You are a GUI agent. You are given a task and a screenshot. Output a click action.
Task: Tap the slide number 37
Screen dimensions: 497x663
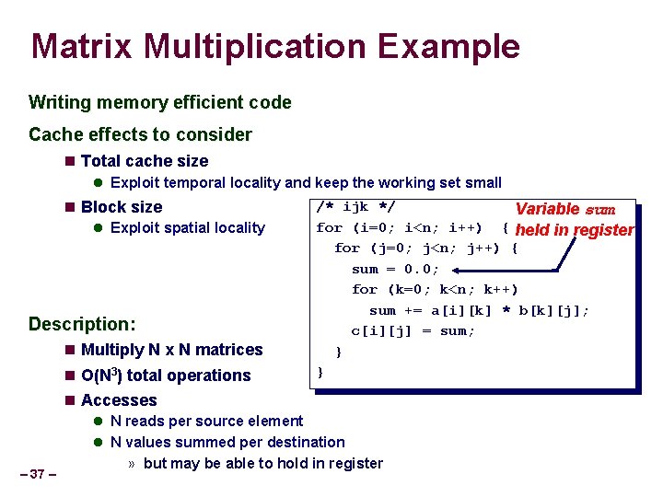(38, 474)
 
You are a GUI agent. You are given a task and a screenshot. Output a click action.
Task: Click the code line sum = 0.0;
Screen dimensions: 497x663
(395, 269)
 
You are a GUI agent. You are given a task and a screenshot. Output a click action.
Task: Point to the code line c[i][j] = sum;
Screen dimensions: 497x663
(413, 330)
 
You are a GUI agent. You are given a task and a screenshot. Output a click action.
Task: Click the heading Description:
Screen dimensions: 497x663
(82, 324)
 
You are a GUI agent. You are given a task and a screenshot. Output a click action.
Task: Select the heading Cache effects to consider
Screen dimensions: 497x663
(140, 134)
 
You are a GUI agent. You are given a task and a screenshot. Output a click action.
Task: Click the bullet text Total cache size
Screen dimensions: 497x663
(145, 161)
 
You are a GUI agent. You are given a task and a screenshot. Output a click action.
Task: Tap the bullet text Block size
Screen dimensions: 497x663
(122, 207)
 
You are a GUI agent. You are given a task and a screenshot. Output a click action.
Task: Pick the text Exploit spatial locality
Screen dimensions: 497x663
(187, 227)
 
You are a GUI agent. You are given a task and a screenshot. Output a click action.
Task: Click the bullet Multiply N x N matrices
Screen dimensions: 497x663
(171, 350)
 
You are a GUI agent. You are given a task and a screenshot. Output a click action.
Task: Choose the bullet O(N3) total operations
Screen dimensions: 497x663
(166, 376)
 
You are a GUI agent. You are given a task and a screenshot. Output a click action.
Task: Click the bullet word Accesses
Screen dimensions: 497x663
(119, 400)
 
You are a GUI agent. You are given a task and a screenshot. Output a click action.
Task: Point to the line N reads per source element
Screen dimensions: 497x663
(206, 422)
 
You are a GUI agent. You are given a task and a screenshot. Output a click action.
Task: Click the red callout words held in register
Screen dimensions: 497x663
(576, 230)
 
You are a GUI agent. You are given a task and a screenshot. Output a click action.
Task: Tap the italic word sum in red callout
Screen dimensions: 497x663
(599, 210)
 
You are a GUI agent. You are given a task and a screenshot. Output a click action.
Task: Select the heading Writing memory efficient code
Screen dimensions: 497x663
(160, 103)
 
